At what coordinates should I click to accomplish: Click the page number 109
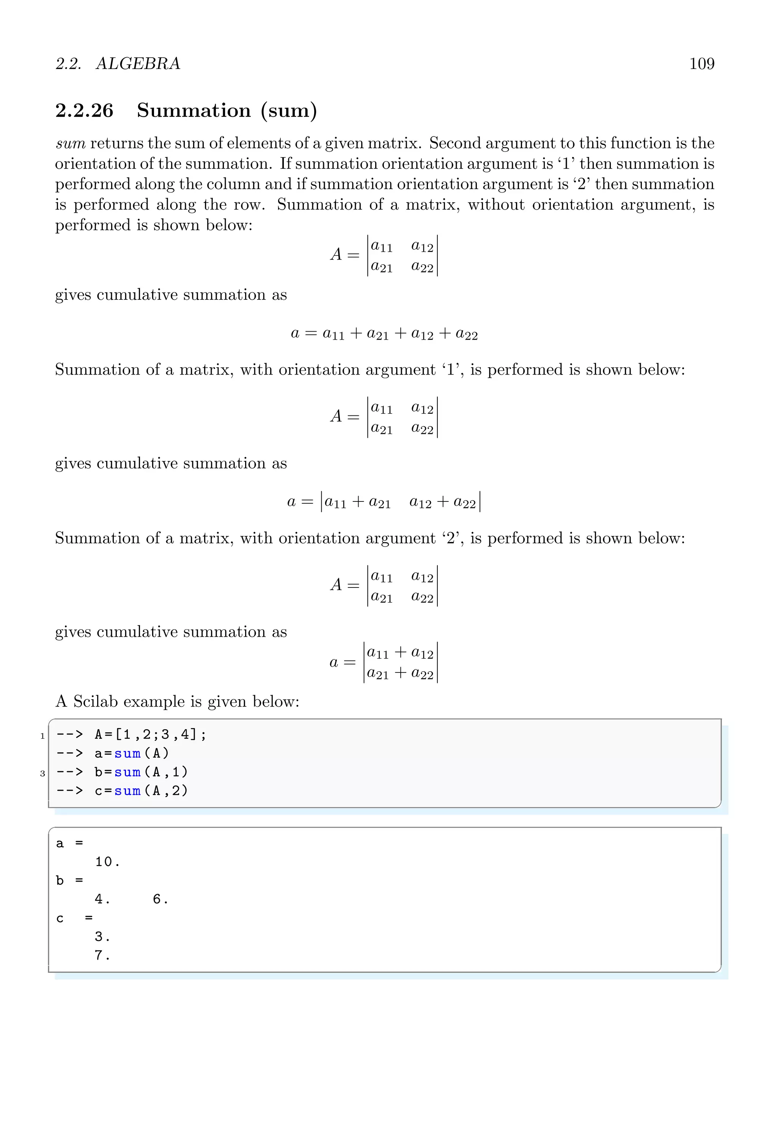point(702,64)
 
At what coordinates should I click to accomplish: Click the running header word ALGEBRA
point(138,64)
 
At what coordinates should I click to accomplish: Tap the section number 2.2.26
point(84,111)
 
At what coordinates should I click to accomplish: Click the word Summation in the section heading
point(194,111)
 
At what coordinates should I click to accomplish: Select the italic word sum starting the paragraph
point(70,144)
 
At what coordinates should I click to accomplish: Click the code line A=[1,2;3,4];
point(150,735)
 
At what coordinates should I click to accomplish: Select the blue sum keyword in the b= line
point(127,772)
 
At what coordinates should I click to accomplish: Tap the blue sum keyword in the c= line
point(127,791)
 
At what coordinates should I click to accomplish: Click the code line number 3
point(42,774)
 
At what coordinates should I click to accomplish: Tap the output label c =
point(74,918)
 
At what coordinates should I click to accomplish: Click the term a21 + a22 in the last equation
point(400,673)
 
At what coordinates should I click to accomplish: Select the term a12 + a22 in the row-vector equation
point(443,502)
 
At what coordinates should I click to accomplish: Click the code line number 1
point(42,736)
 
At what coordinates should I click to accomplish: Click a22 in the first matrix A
point(422,267)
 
